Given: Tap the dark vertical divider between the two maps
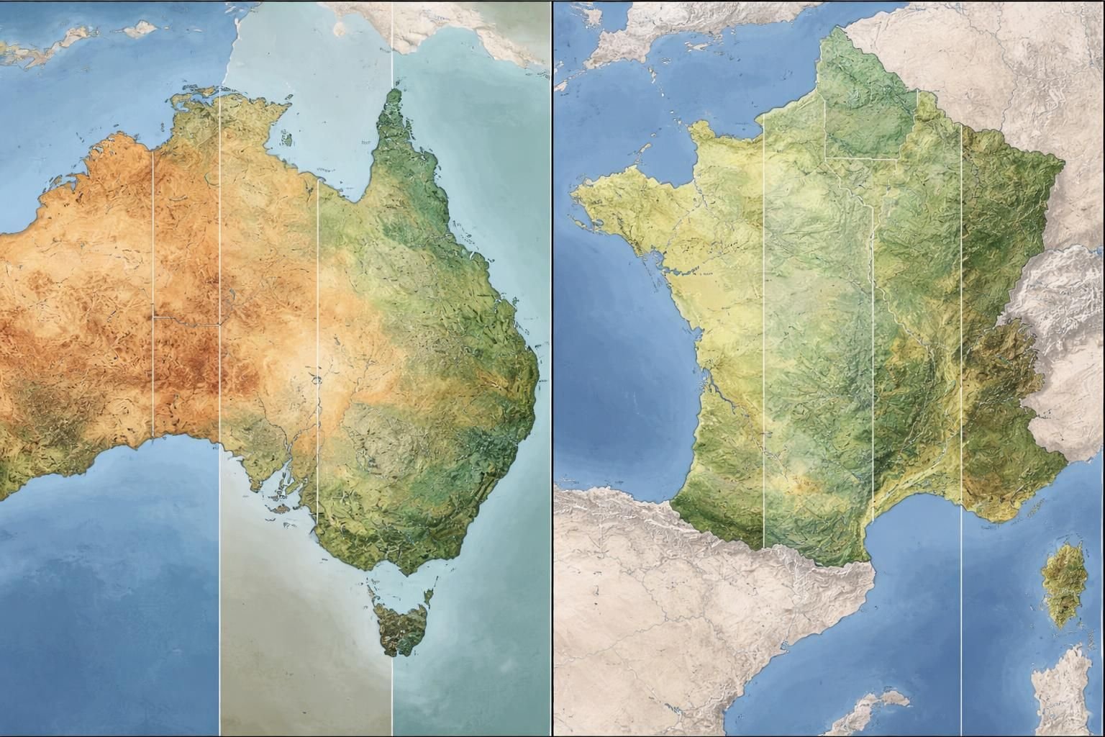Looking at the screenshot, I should click(552, 368).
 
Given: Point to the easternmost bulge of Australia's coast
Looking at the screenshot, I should click(536, 374).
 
